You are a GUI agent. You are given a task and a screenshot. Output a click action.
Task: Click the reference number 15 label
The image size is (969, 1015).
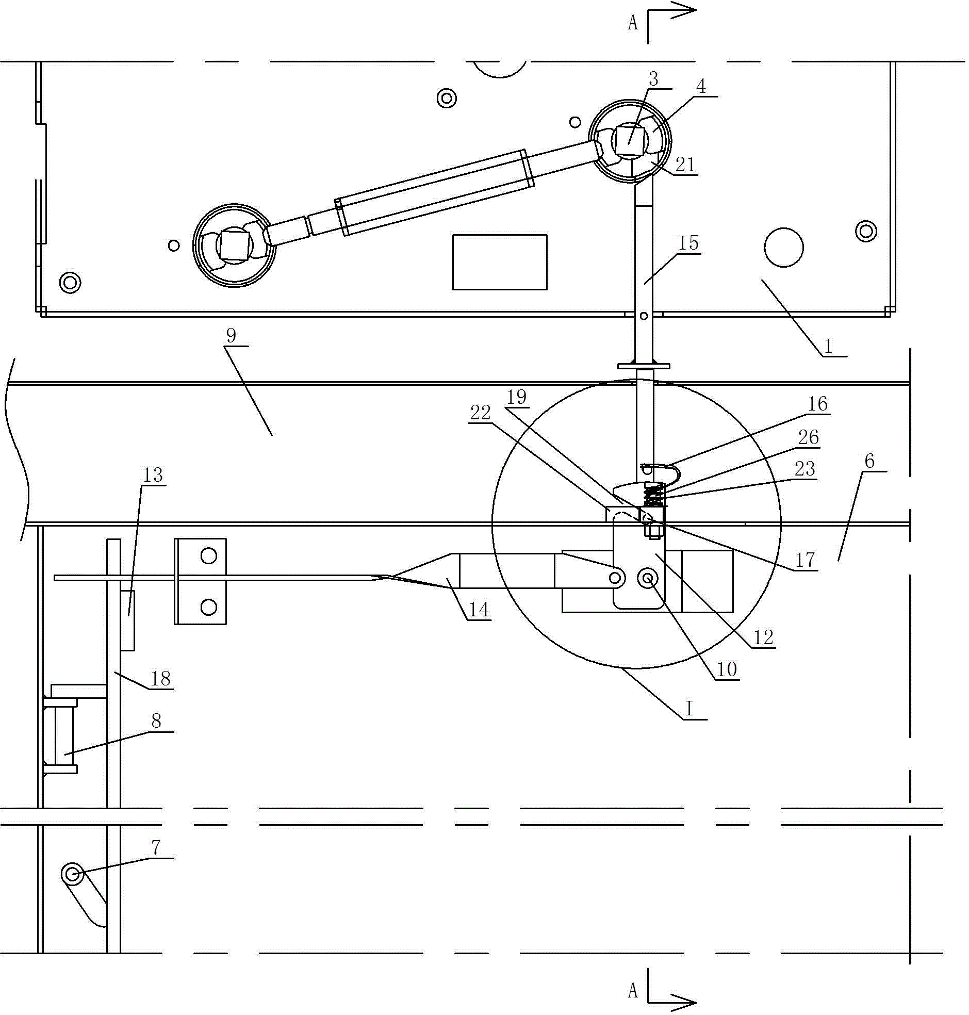pos(688,242)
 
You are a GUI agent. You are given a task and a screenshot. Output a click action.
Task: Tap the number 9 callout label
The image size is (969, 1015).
pos(231,336)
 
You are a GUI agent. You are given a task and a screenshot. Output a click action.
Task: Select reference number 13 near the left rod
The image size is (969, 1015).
pos(152,474)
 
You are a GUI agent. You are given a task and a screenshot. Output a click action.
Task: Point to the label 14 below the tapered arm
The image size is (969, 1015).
pos(478,610)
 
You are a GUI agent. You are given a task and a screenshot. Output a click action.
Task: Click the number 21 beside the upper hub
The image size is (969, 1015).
pos(685,165)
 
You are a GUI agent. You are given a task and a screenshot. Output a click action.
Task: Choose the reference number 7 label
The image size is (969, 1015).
pos(155,847)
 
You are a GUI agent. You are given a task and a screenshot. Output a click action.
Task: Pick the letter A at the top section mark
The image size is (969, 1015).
pos(633,23)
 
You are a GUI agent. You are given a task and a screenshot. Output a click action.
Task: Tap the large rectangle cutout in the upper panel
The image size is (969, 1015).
pos(500,262)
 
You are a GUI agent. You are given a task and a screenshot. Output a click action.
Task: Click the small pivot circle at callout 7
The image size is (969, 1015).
pos(71,874)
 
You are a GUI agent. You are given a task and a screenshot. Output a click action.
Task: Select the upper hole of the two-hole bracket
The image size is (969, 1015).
pos(208,556)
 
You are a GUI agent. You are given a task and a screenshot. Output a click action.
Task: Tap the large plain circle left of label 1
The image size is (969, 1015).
pos(783,248)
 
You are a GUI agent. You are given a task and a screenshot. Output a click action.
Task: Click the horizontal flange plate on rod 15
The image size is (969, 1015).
pos(644,366)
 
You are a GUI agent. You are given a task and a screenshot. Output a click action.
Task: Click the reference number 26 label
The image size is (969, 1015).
pos(809,437)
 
